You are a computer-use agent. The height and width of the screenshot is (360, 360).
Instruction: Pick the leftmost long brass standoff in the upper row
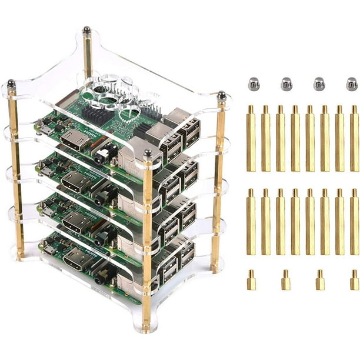coord(251,138)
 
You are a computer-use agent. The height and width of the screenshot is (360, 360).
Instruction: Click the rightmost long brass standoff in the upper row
coord(354,138)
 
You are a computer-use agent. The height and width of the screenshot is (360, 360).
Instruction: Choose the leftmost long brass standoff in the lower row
coord(251,222)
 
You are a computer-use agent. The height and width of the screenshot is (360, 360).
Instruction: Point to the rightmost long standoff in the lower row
coord(354,222)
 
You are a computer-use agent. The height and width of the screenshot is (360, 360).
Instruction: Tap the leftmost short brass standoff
coord(251,281)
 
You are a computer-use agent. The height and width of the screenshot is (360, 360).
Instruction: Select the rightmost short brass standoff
coord(354,281)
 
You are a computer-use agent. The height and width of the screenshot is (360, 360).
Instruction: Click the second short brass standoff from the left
coord(285,281)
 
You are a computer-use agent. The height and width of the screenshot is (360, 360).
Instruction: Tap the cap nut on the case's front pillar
coord(148,154)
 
